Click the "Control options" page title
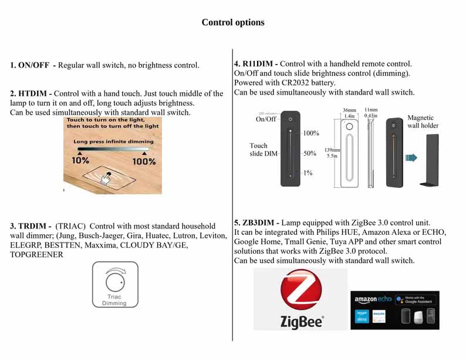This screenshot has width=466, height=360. pos(233,22)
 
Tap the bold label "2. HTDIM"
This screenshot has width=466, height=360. pos(31,93)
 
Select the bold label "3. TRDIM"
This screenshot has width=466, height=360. pos(30,226)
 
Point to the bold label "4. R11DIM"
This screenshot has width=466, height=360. pos(256,63)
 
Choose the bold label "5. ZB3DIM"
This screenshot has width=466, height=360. pos(256,223)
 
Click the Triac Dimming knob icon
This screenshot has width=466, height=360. pos(115,280)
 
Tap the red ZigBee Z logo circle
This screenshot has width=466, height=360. pos(301,292)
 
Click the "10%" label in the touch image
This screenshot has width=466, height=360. pos(80,160)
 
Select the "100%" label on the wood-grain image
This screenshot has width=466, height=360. pos(144,160)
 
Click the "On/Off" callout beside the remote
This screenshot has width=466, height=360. pos(266,119)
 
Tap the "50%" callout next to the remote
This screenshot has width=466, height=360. pos(309,153)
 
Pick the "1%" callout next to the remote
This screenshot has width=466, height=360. pos(308,173)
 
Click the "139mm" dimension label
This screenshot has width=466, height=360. pos(332,150)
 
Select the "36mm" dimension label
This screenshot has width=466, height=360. pos(349,110)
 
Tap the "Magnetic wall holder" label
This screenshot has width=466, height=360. pos(423,122)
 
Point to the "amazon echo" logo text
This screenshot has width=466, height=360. pos(373,300)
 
